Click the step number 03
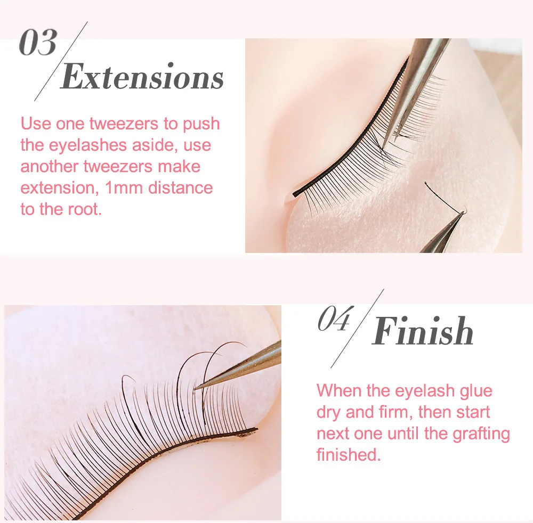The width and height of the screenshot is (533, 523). coord(38,43)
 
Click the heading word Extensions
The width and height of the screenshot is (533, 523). coord(142,77)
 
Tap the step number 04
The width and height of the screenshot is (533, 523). coord(334,318)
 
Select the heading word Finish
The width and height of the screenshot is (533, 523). coord(422,330)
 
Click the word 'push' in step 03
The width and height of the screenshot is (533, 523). coord(201,124)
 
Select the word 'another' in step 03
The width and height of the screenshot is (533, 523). coord(50,167)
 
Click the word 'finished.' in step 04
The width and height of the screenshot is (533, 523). coord(349,454)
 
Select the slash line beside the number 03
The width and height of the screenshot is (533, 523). coord(61,61)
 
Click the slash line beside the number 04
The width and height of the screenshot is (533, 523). coord(357,329)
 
